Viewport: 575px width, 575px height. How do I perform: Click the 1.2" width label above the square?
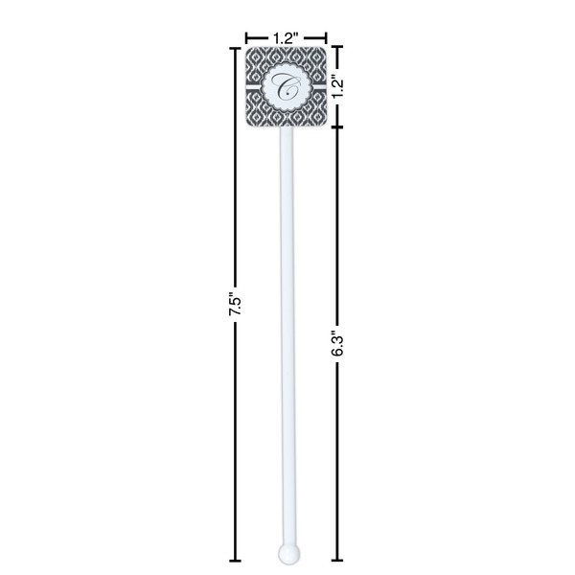(x=286, y=37)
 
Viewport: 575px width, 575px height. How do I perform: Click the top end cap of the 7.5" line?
(x=233, y=46)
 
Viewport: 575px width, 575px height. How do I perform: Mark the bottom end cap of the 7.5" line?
(x=233, y=559)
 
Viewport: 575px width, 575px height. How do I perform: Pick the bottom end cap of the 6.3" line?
(x=337, y=559)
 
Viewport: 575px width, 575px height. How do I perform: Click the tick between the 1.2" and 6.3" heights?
(x=337, y=126)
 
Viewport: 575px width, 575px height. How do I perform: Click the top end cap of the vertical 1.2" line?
(x=337, y=46)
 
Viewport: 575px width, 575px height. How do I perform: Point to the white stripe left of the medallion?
(x=255, y=86)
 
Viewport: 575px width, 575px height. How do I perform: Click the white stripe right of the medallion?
(x=317, y=86)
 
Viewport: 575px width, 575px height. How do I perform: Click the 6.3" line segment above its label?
(x=337, y=230)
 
